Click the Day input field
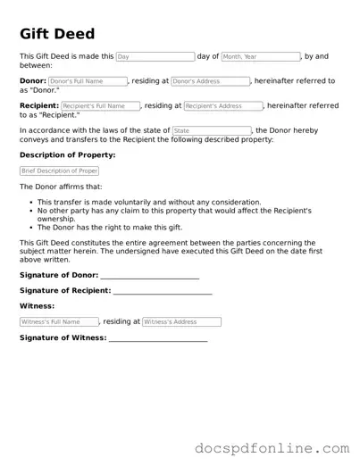155,56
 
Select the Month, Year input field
260,56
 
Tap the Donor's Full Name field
88,81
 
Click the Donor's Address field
210,81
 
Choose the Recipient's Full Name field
101,106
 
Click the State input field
212,131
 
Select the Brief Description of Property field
59,171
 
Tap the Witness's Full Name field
59,321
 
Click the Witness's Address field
181,321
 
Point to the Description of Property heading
67,155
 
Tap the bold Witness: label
37,306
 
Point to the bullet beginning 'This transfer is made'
149,202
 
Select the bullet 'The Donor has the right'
109,227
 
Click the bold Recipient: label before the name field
39,106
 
